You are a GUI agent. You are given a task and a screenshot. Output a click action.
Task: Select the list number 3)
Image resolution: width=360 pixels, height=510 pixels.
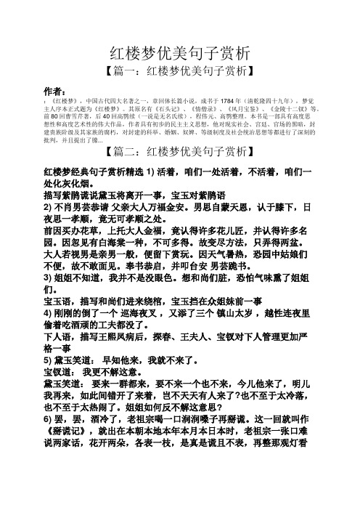49,276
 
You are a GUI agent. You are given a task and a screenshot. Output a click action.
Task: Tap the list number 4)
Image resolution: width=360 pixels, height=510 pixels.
49,322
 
